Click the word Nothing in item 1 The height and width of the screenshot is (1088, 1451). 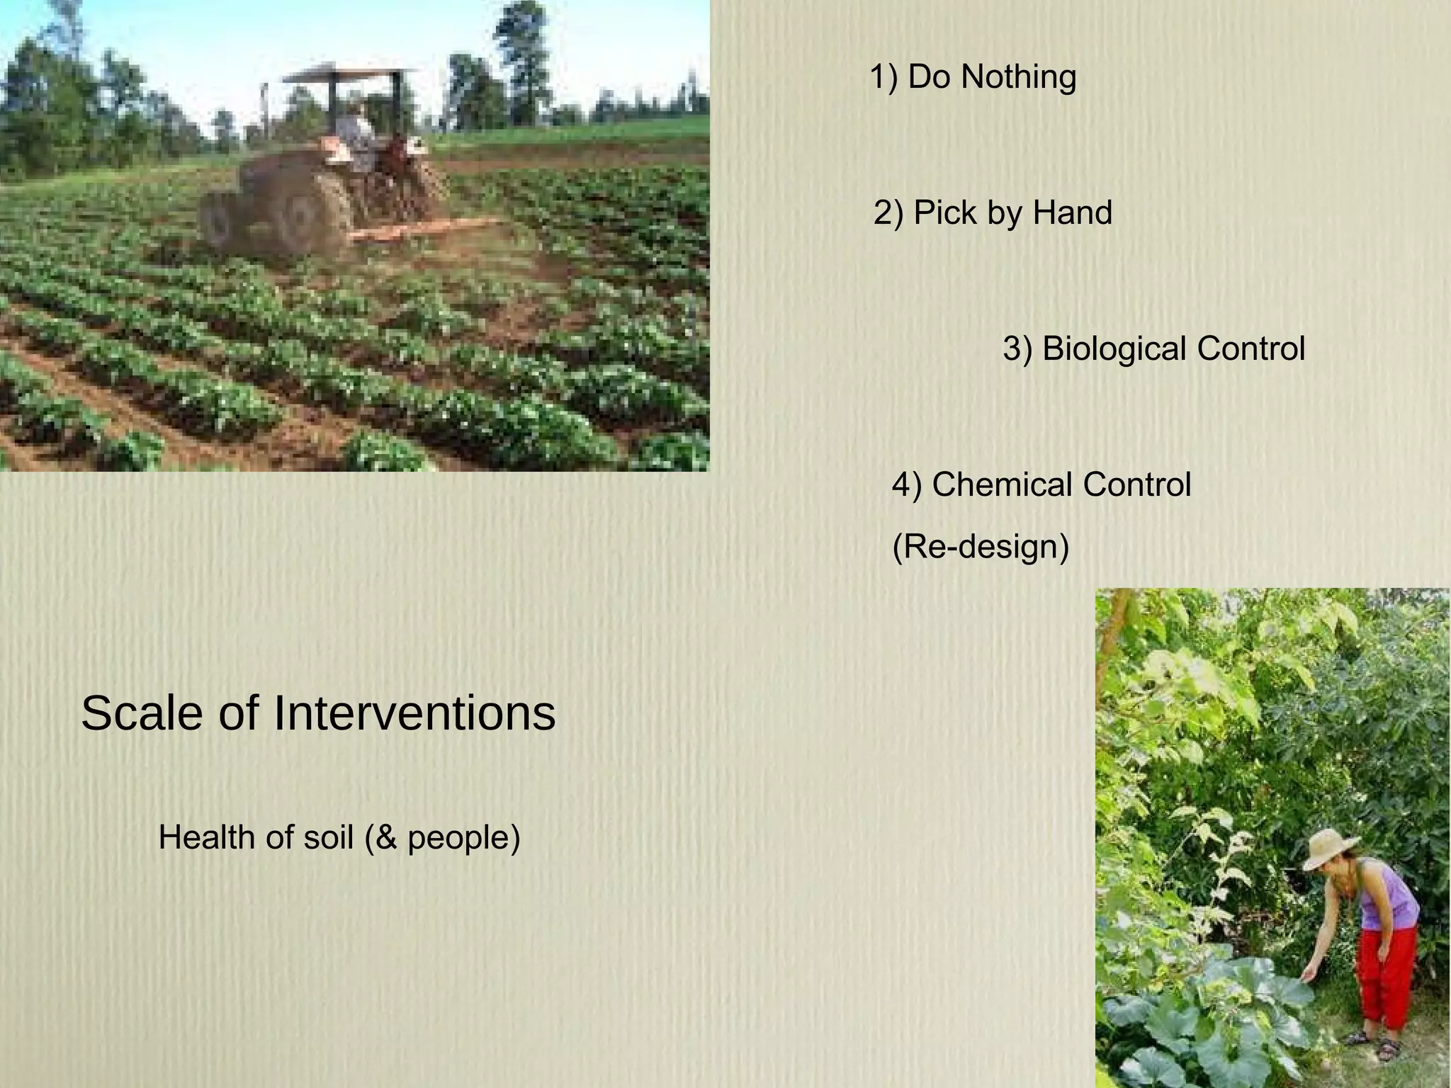click(1018, 77)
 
